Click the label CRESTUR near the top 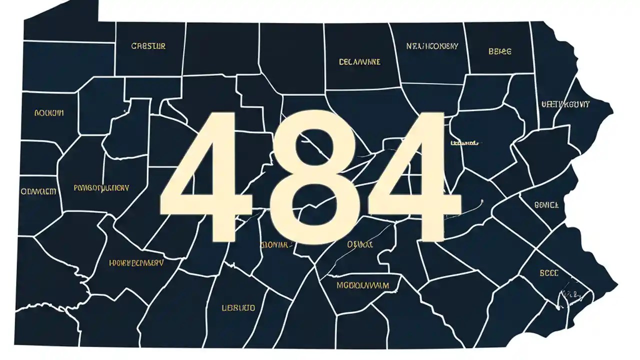148,46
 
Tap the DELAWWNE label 359,62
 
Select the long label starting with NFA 432,46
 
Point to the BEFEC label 500,51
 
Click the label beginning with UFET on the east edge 565,104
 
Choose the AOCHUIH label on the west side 48,113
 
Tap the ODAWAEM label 38,191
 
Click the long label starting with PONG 101,188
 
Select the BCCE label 548,273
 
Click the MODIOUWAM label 362,285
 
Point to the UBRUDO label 238,307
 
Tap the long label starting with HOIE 136,262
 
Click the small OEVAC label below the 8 360,245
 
